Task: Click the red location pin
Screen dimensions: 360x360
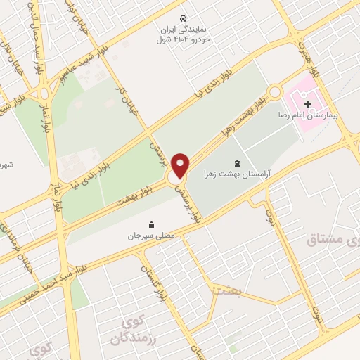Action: pos(181,165)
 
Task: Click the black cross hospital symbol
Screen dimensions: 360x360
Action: pos(307,104)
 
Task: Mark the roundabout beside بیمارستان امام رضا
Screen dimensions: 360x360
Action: pos(275,92)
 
